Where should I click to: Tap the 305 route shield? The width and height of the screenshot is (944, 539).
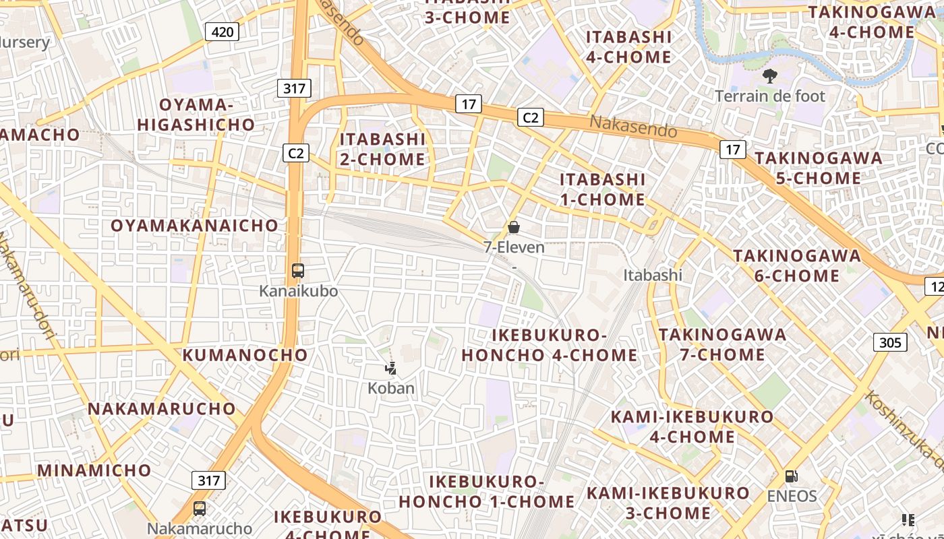pos(890,342)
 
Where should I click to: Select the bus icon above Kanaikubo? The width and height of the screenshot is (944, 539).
pos(298,271)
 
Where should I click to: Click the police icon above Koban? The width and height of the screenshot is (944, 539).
pos(390,368)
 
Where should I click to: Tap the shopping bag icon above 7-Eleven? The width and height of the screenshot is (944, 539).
pos(514,227)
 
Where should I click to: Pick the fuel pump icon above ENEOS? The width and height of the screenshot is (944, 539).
pos(791,476)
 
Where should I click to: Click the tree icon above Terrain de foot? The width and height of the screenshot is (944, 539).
pos(769,76)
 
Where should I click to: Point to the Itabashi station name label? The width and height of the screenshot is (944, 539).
pos(653,275)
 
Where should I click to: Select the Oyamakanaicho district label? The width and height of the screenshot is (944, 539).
pos(194,226)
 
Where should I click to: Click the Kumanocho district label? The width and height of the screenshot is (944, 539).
pos(245,354)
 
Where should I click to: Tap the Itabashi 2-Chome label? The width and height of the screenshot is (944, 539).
pos(382,149)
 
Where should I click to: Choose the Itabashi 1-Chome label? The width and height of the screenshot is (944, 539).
pos(603,189)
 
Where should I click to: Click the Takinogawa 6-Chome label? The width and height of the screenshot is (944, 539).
pos(797,265)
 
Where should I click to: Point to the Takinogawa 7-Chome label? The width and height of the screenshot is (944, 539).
pos(722,344)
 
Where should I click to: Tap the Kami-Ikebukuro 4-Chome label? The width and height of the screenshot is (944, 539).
pos(692,426)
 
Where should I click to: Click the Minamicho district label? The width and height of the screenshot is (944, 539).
pos(94,470)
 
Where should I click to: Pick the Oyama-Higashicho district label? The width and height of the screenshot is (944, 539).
pos(196,115)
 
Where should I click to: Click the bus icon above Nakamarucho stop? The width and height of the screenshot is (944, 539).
pos(200,509)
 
